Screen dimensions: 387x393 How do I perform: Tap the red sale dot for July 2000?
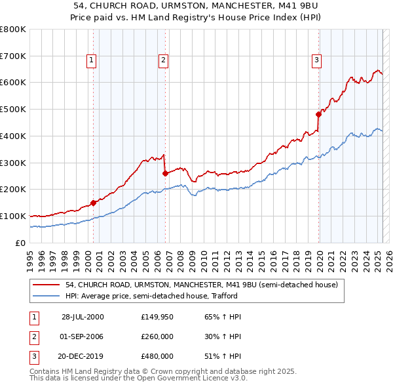93,203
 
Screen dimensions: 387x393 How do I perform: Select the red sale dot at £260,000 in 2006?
166,173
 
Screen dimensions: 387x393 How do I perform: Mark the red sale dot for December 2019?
318,114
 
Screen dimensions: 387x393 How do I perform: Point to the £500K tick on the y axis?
13,110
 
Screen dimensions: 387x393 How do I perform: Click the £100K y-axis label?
13,216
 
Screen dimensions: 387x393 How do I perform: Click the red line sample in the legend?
48,285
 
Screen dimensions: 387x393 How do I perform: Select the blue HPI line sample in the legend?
48,296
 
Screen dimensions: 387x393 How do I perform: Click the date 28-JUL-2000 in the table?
83,316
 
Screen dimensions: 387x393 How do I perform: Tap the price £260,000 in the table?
157,336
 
